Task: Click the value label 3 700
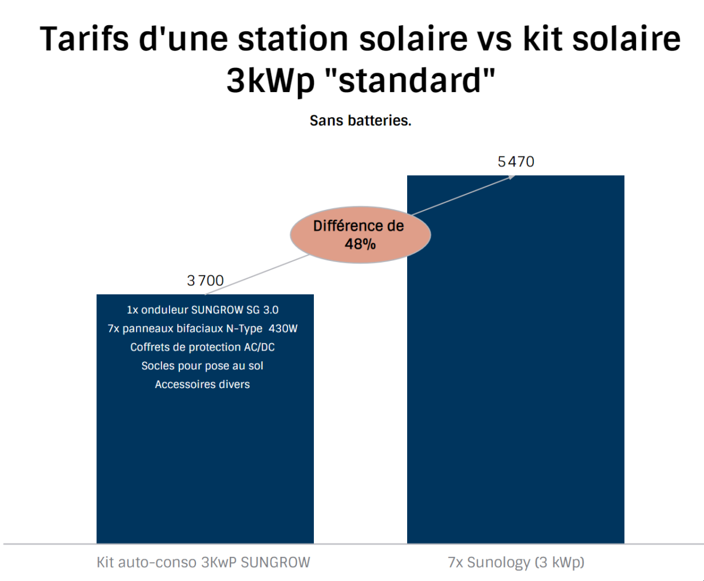205,281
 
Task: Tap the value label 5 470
516,162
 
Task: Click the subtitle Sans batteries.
360,121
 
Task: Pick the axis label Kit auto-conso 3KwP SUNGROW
203,562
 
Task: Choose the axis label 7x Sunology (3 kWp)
516,562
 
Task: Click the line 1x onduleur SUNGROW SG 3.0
202,309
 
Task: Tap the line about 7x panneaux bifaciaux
202,328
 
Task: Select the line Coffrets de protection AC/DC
202,347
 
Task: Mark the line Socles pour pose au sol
202,366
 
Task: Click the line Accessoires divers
202,385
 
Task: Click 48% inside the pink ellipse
360,244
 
